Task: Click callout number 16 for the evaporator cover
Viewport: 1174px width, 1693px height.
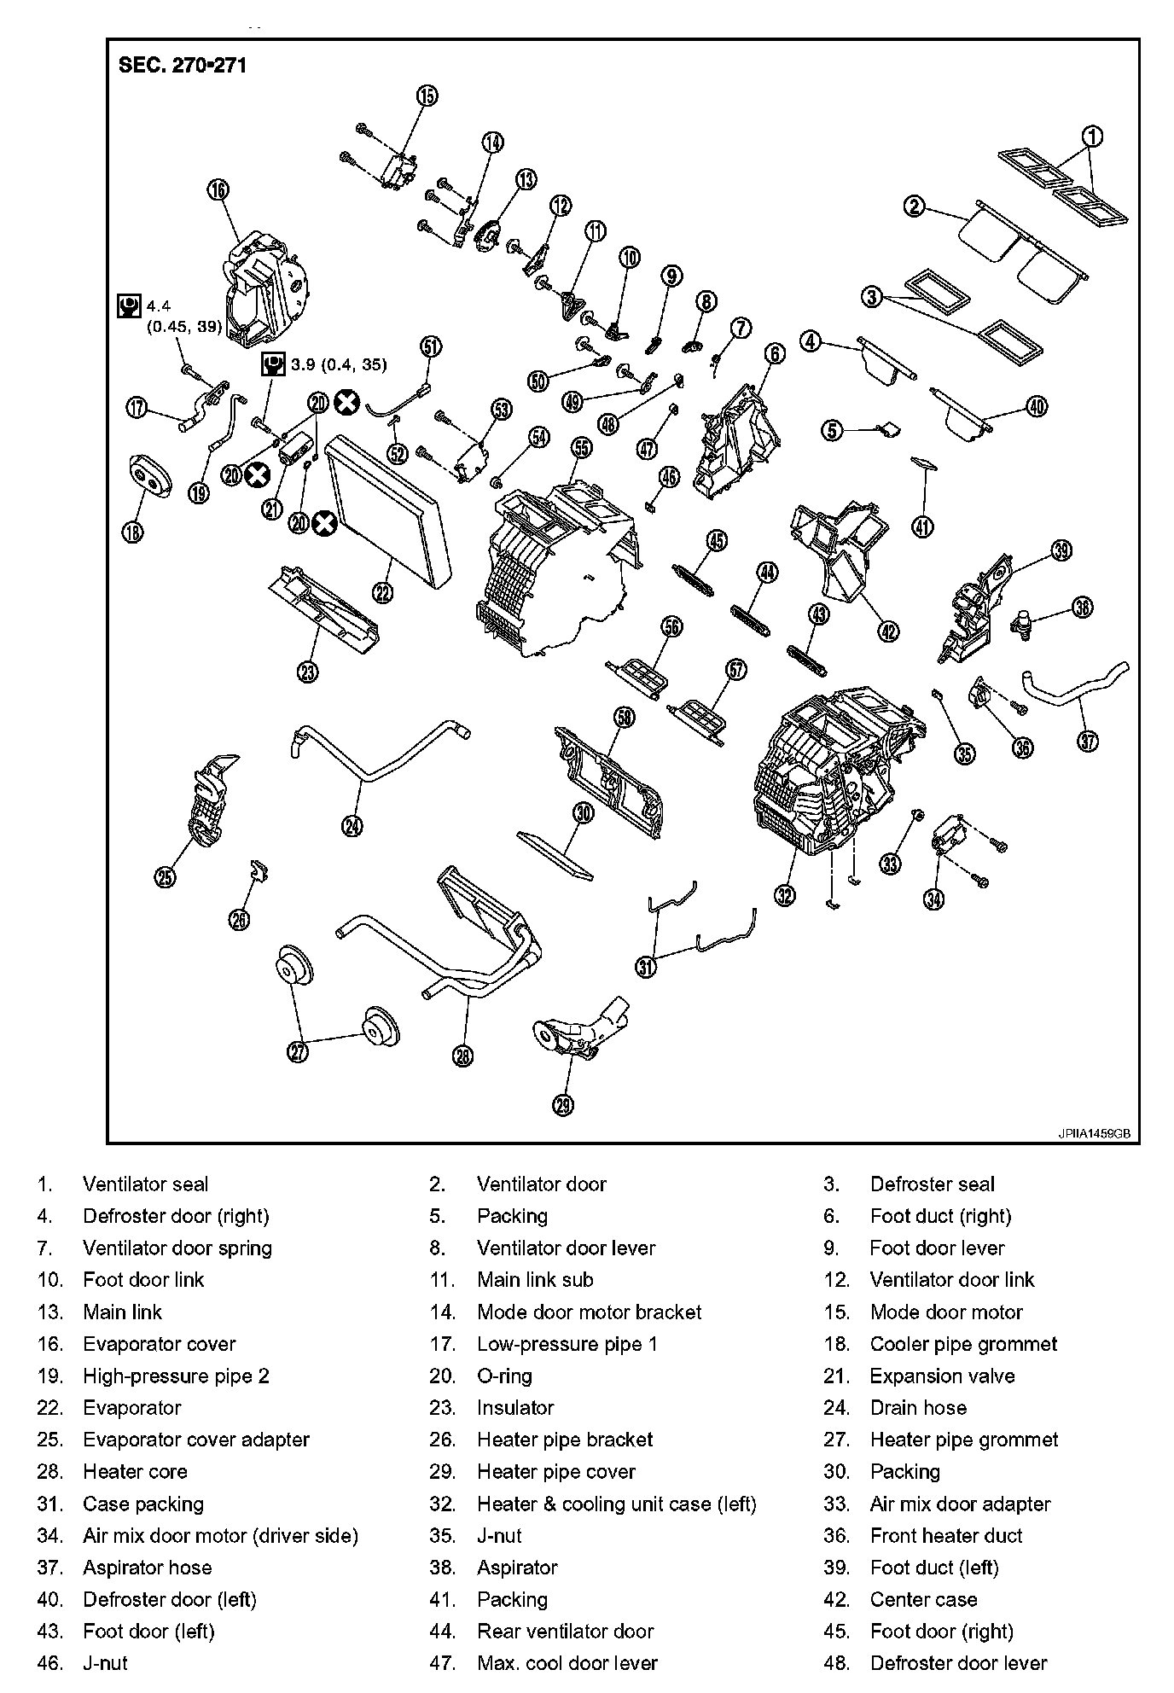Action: pos(218,189)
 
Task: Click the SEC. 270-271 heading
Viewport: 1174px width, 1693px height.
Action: pos(183,66)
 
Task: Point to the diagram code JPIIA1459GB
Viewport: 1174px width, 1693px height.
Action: pos(1095,1134)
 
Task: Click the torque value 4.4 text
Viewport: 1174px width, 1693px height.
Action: pos(159,305)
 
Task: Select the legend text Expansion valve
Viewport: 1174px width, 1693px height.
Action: pos(942,1376)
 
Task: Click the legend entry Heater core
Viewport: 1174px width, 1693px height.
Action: pos(135,1471)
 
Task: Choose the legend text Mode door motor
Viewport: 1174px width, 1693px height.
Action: pos(946,1312)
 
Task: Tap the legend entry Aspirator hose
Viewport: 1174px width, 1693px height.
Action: pos(147,1567)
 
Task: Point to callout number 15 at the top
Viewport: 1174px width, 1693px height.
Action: pos(427,96)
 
